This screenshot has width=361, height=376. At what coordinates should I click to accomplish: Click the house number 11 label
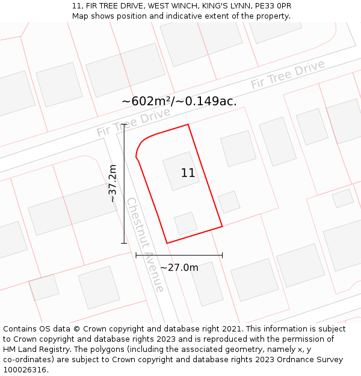pos(188,173)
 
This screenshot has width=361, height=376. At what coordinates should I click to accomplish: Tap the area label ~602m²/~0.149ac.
pos(179,101)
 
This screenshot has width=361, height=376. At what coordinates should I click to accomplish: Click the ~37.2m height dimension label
pos(113,183)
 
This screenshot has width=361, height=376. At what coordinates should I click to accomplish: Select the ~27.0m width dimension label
pos(179,268)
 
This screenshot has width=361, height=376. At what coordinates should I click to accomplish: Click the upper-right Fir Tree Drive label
pos(288,75)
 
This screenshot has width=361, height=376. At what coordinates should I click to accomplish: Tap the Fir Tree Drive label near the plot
pos(125,123)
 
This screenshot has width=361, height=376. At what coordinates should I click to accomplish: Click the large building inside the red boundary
pos(180,171)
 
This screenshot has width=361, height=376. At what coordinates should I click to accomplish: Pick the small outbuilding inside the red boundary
pos(185,223)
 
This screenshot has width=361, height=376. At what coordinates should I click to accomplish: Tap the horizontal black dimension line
pos(179,255)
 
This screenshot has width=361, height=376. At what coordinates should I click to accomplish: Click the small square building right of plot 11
pos(229,202)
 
